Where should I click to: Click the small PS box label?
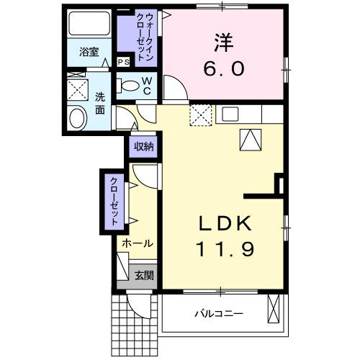[x=123, y=63]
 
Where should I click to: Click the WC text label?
[x=146, y=86]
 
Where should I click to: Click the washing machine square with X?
[x=76, y=89]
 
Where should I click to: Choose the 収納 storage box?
[x=143, y=146]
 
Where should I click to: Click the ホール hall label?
[x=137, y=243]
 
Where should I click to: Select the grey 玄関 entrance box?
[x=143, y=274]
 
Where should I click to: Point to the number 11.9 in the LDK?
[x=225, y=251]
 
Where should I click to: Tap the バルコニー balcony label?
[x=219, y=313]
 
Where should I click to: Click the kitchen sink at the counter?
[x=229, y=114]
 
